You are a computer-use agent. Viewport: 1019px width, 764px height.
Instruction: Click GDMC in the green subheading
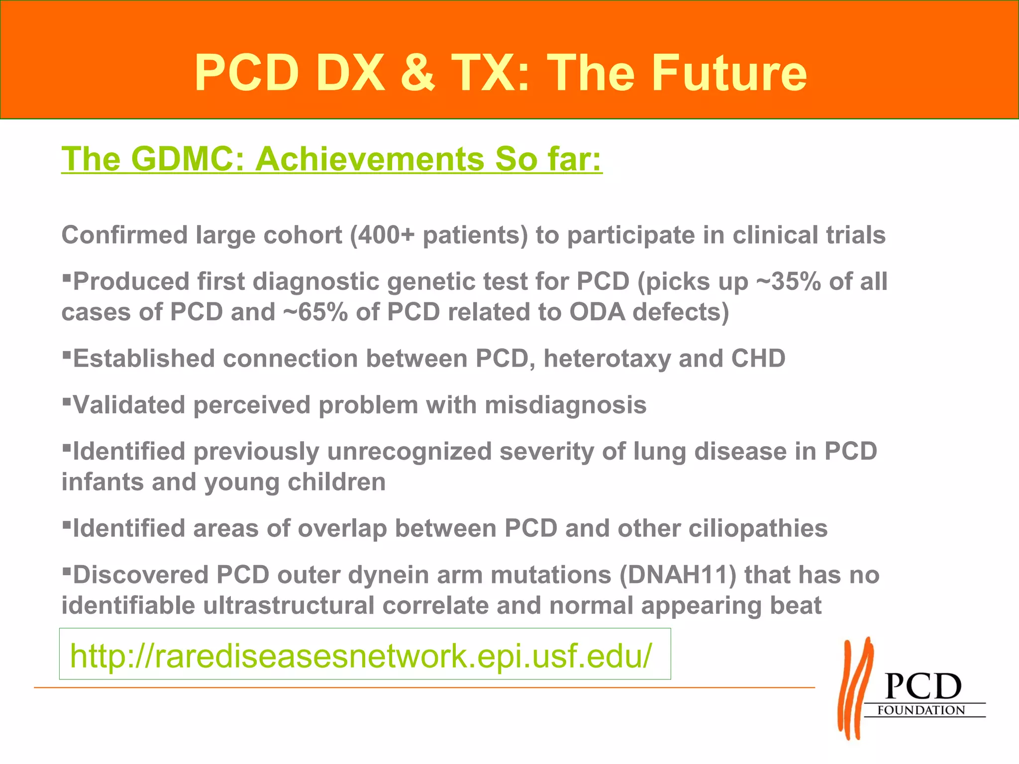coord(188,159)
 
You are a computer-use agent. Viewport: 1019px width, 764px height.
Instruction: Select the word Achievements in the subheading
coord(370,159)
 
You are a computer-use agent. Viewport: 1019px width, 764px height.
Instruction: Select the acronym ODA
coord(597,312)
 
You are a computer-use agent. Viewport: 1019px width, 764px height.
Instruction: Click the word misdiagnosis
coord(565,405)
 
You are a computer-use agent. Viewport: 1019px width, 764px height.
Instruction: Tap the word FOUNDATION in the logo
coord(920,710)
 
